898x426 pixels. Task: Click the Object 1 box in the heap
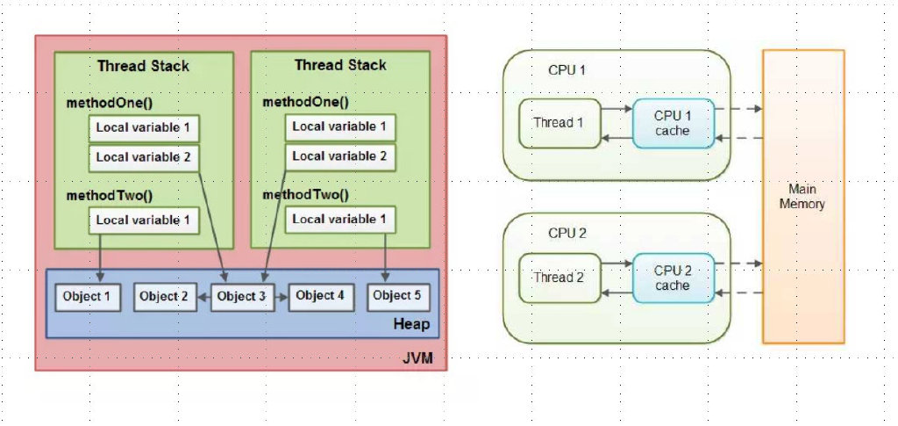coord(89,296)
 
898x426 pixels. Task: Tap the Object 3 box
coord(241,296)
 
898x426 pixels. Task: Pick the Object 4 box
coord(321,296)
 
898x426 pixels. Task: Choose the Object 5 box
coord(397,296)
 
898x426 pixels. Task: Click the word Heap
coord(411,324)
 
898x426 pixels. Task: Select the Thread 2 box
coord(559,278)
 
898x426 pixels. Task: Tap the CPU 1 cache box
coord(673,123)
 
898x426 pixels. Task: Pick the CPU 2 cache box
coord(673,278)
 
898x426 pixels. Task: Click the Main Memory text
coord(802,196)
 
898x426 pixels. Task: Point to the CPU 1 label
coord(567,70)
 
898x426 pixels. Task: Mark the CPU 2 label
coord(567,234)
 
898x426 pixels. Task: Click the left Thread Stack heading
coord(143,65)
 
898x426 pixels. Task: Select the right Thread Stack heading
coord(340,65)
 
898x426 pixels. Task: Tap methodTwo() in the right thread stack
coord(305,194)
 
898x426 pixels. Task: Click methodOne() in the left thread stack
coord(109,104)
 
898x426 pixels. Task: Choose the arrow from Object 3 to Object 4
coord(280,297)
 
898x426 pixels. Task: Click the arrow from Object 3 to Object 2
coord(203,297)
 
